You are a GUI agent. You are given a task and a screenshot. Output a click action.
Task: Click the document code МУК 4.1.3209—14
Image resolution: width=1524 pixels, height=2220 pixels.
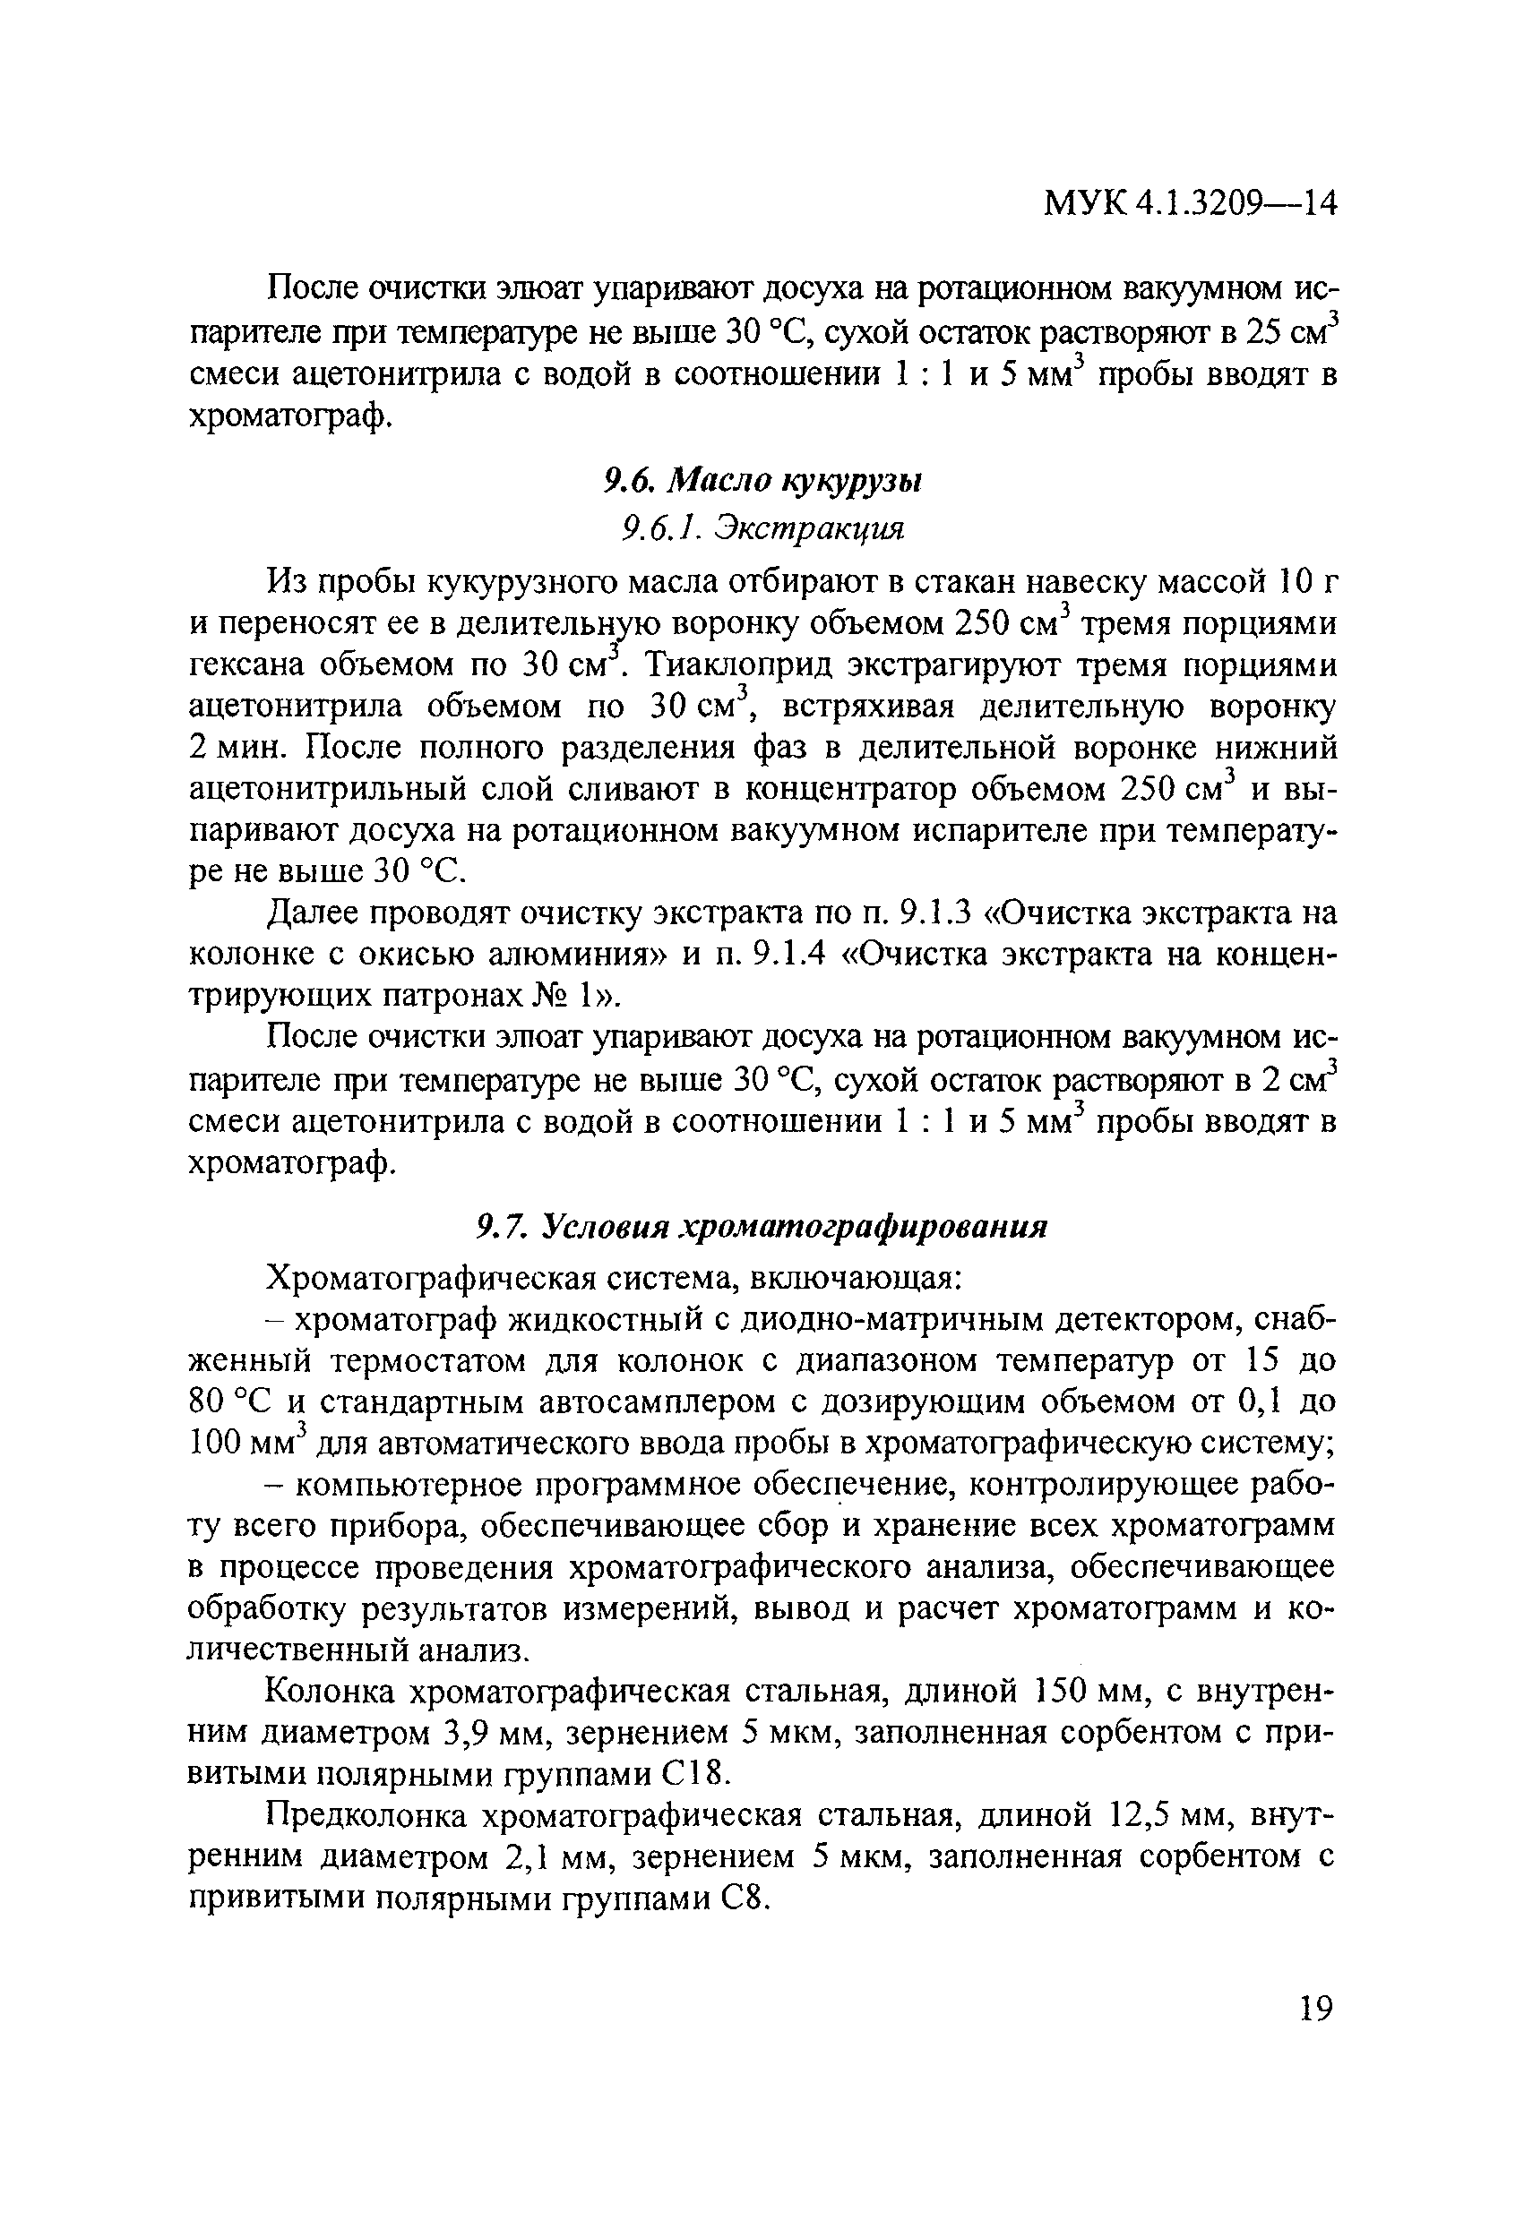point(1190,203)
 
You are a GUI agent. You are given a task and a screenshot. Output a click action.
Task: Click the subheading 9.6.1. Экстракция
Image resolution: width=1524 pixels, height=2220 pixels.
point(762,527)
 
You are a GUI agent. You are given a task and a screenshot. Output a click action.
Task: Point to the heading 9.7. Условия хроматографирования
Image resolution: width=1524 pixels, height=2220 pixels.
point(762,1227)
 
